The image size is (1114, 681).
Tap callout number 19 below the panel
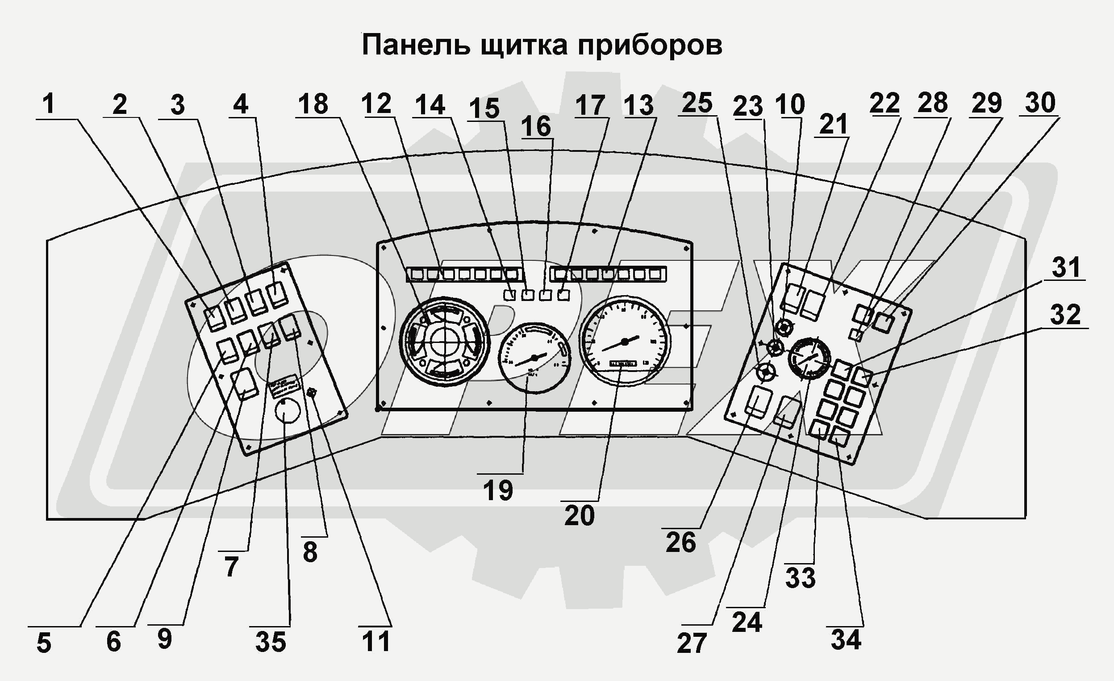pyautogui.click(x=498, y=491)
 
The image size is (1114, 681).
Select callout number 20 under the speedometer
pyautogui.click(x=579, y=516)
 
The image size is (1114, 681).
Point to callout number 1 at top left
pyautogui.click(x=49, y=104)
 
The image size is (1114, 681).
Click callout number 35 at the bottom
pyautogui.click(x=271, y=642)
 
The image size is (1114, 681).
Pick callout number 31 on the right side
pyautogui.click(x=1066, y=267)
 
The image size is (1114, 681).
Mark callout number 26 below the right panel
pyautogui.click(x=680, y=542)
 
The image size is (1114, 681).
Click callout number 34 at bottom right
pyautogui.click(x=846, y=640)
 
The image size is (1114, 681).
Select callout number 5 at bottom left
pyautogui.click(x=44, y=643)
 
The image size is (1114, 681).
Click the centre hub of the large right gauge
pyautogui.click(x=625, y=342)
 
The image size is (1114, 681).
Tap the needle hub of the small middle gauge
pyautogui.click(x=534, y=358)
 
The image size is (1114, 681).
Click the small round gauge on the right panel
pyautogui.click(x=809, y=357)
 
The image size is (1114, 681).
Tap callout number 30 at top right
pyautogui.click(x=1040, y=103)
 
